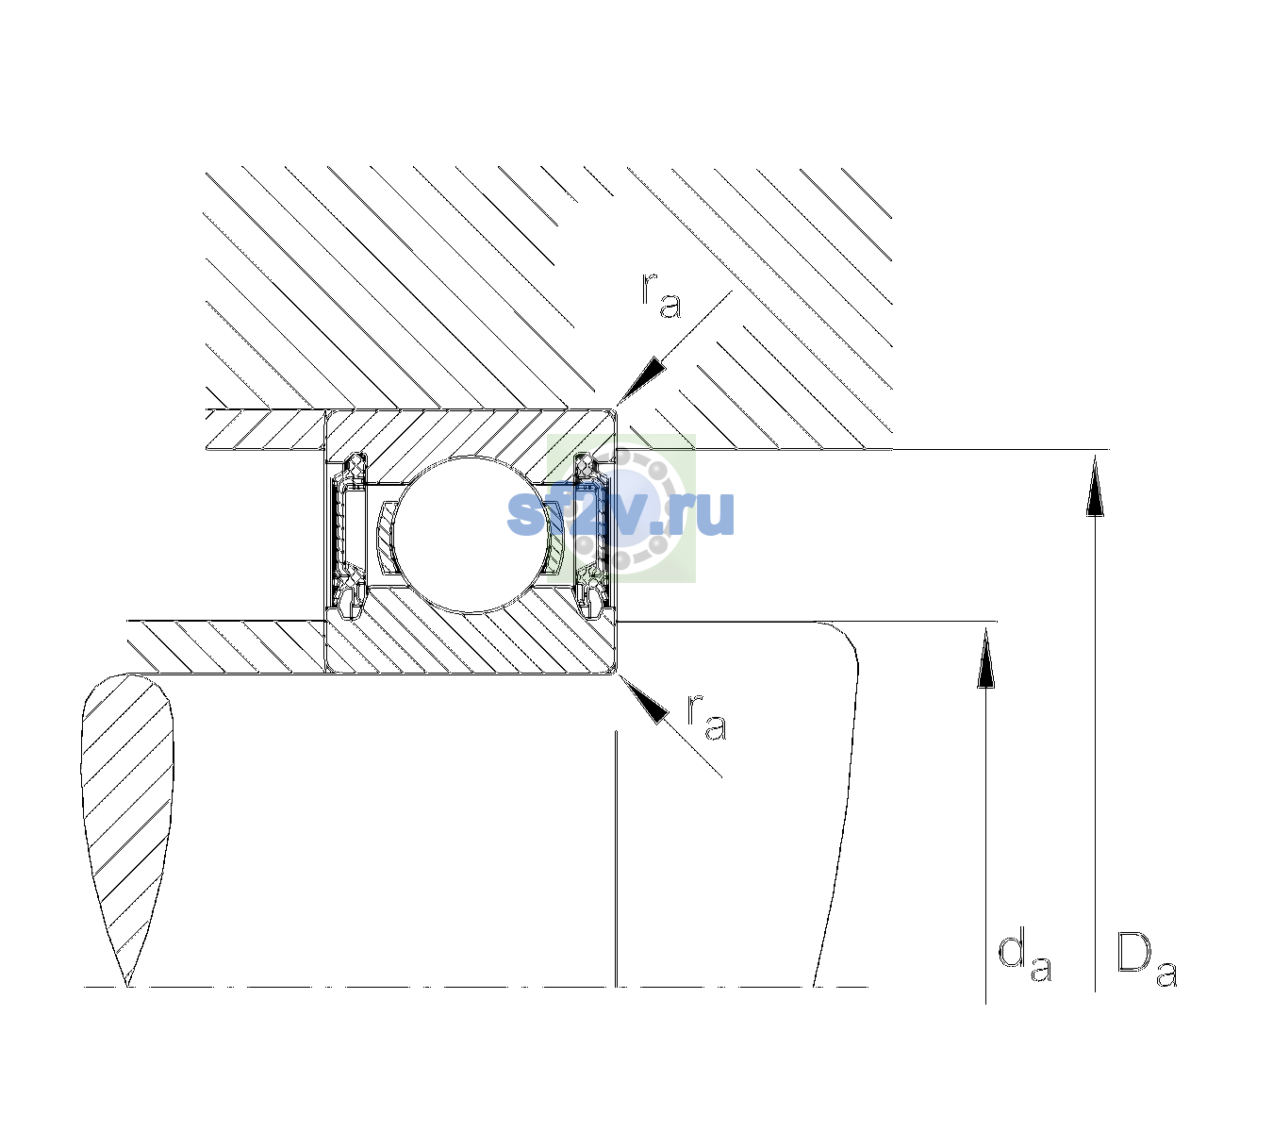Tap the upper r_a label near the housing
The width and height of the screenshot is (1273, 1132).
tap(661, 295)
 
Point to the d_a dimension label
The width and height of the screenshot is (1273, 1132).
tap(1025, 958)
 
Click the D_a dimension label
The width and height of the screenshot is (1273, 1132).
tap(1147, 959)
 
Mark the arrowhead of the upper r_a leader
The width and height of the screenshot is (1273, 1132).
tap(641, 381)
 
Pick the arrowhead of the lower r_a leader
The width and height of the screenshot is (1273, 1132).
tap(642, 699)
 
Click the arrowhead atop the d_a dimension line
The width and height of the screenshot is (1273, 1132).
tap(985, 658)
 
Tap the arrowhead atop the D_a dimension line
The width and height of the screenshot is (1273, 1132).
tap(1095, 485)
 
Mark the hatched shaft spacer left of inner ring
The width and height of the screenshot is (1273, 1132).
tap(226, 647)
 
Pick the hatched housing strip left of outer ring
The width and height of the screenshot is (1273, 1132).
tap(266, 430)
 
